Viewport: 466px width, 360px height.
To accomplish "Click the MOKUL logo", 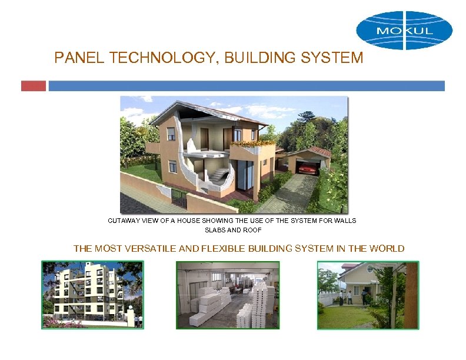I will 404,29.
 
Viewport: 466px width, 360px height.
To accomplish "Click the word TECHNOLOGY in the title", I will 144,58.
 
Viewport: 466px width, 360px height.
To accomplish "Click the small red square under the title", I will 33,86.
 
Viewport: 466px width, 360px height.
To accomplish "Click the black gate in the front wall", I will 178,198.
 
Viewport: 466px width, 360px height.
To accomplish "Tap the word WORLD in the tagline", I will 386,248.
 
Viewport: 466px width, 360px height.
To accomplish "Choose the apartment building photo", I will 92,295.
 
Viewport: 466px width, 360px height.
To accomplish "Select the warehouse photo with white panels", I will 228,295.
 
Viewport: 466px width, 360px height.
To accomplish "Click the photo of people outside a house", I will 368,295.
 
